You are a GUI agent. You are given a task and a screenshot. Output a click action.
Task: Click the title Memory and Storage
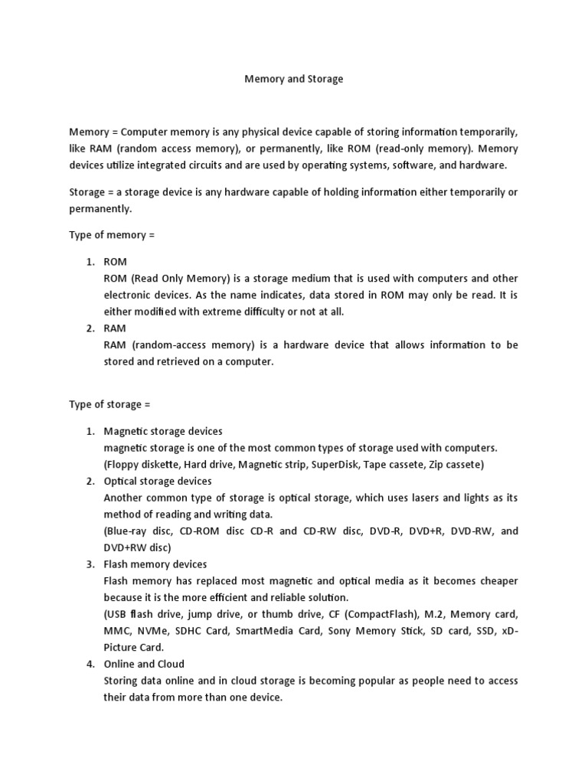coord(293,79)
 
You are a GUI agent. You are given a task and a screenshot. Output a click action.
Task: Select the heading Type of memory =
coord(112,235)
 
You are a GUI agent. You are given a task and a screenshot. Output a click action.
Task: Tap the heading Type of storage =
coord(115,404)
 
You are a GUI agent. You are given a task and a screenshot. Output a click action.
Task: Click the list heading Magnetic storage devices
coord(163,432)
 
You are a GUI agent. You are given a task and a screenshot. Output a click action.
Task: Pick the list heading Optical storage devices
coord(158,482)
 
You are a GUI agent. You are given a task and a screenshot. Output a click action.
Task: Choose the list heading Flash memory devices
coord(155,564)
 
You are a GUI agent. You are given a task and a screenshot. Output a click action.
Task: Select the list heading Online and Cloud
coord(144,664)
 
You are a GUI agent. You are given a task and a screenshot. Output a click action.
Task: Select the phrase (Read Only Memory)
coord(177,279)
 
